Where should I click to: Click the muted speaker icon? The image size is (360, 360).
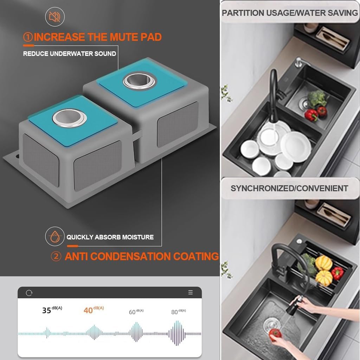pos(54,17)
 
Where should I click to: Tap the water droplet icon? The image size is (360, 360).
pos(54,237)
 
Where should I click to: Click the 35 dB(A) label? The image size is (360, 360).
pos(52,310)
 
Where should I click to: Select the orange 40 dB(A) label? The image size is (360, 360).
pos(94,310)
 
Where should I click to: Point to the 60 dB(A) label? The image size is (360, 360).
pos(136,312)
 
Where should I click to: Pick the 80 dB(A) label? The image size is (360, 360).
pos(178,312)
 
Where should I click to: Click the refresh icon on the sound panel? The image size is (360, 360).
pos(29,293)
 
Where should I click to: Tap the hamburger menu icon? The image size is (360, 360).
pos(190,292)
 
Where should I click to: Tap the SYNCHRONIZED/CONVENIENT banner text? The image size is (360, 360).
pos(289,188)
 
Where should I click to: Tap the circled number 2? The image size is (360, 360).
pos(56,256)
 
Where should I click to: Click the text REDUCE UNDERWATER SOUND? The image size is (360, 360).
pos(70,54)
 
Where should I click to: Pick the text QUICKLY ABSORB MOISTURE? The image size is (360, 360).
pos(110,237)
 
